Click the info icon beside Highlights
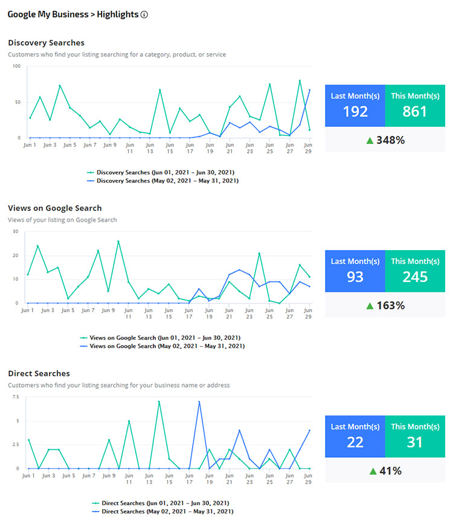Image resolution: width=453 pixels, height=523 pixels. (144, 14)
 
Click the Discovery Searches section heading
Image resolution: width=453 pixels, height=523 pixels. (46, 43)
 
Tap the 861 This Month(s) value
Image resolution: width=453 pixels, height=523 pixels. (414, 111)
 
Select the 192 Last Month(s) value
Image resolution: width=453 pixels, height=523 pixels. (355, 111)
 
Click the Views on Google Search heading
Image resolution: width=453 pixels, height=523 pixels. (54, 208)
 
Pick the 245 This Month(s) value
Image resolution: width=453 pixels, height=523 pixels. (414, 277)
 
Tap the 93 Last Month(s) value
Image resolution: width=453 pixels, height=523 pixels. (355, 277)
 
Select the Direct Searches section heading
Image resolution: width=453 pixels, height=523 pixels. (39, 374)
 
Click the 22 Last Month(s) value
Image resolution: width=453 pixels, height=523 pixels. (355, 442)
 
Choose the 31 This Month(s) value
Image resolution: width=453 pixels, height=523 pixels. (414, 442)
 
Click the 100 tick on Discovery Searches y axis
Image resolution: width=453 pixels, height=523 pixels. (16, 66)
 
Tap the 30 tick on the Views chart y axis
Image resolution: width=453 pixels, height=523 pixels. (16, 231)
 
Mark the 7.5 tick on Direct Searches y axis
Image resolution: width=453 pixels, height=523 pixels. (16, 397)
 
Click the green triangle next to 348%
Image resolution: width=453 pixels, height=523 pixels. (370, 140)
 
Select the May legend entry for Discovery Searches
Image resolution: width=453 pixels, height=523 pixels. (163, 181)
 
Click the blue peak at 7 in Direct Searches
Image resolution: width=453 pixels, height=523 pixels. (199, 402)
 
